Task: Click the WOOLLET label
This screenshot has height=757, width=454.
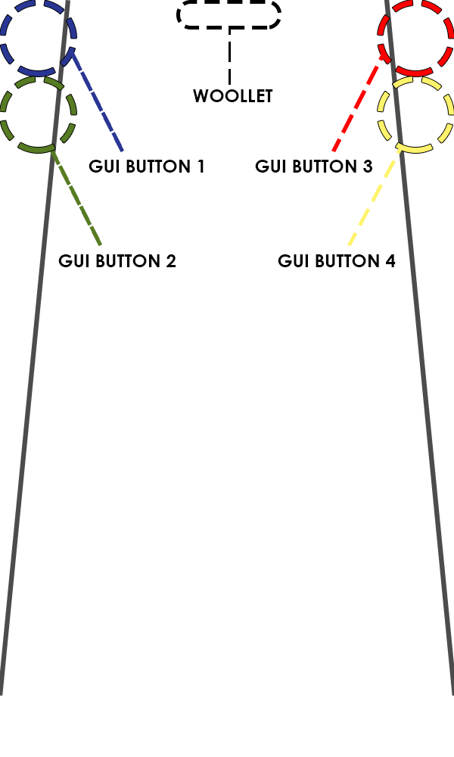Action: tap(232, 96)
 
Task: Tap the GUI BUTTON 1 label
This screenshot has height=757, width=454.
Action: tap(147, 166)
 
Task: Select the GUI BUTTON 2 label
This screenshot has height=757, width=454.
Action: tap(117, 260)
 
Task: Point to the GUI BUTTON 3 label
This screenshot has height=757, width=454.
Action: tap(314, 166)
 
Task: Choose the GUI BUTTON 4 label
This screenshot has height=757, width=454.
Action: tap(337, 260)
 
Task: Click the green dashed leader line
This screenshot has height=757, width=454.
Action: tap(77, 198)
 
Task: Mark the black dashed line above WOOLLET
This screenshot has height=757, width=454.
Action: tap(229, 57)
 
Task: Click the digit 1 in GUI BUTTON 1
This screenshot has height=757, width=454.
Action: tap(201, 166)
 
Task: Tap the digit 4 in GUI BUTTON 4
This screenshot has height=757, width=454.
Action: tap(390, 260)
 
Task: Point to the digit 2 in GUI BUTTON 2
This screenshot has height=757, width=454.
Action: tap(171, 260)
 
